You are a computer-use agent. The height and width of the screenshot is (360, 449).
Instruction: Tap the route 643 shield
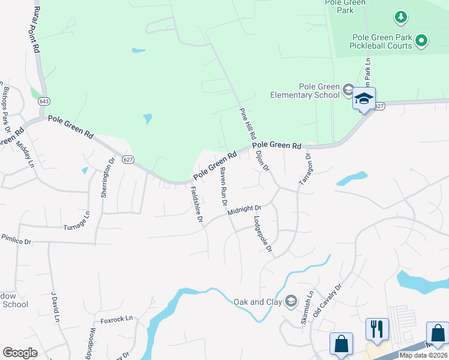pyautogui.click(x=44, y=102)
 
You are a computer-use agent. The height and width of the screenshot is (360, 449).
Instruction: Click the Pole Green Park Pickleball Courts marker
pyautogui.click(x=422, y=40)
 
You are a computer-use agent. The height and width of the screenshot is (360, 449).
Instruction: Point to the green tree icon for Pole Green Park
pyautogui.click(x=401, y=17)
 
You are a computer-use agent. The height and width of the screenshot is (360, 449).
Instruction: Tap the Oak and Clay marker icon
pyautogui.click(x=291, y=301)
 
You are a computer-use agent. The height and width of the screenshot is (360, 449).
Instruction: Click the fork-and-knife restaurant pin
pyautogui.click(x=377, y=329)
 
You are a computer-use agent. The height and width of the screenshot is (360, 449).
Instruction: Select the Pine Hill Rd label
pyautogui.click(x=248, y=123)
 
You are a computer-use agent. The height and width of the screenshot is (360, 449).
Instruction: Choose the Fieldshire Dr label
pyautogui.click(x=196, y=204)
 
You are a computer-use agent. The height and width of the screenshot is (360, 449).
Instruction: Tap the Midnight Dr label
pyautogui.click(x=245, y=211)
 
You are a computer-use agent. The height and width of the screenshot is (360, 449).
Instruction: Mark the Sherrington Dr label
pyautogui.click(x=107, y=176)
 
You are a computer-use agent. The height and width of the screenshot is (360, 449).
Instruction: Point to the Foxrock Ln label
pyautogui.click(x=116, y=319)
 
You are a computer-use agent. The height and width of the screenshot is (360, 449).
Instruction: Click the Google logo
pyautogui.click(x=20, y=353)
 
